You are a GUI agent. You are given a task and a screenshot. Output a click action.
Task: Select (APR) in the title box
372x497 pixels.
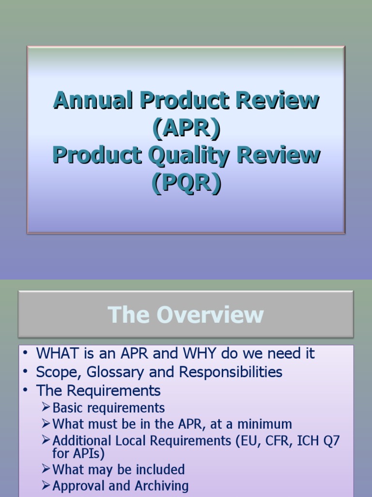tap(186, 128)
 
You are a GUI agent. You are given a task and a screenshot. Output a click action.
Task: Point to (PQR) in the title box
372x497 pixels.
tap(186, 183)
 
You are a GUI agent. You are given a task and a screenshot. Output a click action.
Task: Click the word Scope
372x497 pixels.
tap(54, 372)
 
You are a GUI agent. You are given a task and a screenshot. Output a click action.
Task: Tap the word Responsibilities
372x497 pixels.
tap(231, 372)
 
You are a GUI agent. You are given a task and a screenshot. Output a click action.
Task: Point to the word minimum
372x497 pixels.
tap(266, 424)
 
